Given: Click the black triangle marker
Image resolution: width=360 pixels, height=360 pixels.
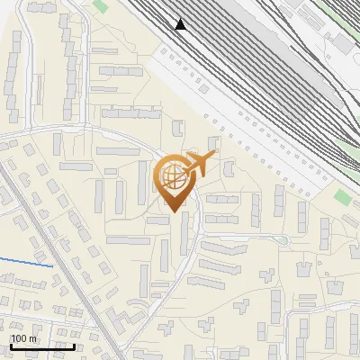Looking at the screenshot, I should point(181,24).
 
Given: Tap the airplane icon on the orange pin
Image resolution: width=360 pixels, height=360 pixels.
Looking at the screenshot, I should point(198,165).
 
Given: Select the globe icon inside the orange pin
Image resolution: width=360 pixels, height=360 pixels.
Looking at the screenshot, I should point(175,178).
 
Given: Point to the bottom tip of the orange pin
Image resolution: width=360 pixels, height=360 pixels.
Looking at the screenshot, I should point(175,212).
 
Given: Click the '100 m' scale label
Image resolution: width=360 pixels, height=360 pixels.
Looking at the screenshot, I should point(23,338).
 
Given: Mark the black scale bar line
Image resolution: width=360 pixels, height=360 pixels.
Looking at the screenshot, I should point(42,346).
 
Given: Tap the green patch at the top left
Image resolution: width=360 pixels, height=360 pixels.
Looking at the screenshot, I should point(100,6).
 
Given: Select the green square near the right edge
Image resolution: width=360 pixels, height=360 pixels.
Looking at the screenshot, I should point(342,196).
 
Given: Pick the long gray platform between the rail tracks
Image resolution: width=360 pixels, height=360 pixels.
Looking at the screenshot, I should point(261,54).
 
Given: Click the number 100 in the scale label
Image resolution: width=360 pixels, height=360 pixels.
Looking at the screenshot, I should point(19,338).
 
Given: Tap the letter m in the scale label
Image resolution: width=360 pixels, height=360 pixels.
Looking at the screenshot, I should point(33,338).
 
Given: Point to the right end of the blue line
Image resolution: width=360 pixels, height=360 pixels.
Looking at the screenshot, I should point(52,266).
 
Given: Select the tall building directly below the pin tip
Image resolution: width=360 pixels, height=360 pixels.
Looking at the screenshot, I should point(184,232).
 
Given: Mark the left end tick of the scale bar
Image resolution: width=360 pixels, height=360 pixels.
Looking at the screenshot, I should point(11,345).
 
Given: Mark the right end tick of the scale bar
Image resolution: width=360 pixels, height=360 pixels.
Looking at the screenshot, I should point(75,345).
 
